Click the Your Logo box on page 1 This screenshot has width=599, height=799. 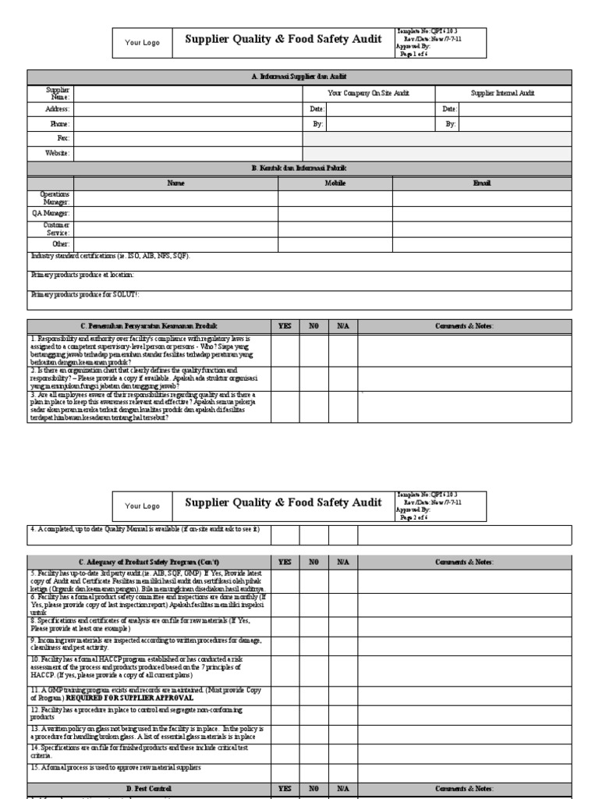point(142,43)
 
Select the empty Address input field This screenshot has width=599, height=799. point(188,109)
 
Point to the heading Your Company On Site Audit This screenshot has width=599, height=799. point(368,94)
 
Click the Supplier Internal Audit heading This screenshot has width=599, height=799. point(503,94)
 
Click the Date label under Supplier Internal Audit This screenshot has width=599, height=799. point(449,109)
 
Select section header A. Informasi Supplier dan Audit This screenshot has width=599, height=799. point(299,76)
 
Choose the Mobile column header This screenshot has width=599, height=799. point(335,183)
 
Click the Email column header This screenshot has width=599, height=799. point(482,183)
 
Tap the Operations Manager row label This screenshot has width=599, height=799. point(55,197)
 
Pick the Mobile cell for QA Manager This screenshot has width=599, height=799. point(335,213)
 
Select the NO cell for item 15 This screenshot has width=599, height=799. point(314,769)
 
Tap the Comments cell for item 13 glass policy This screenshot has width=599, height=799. point(465,733)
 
